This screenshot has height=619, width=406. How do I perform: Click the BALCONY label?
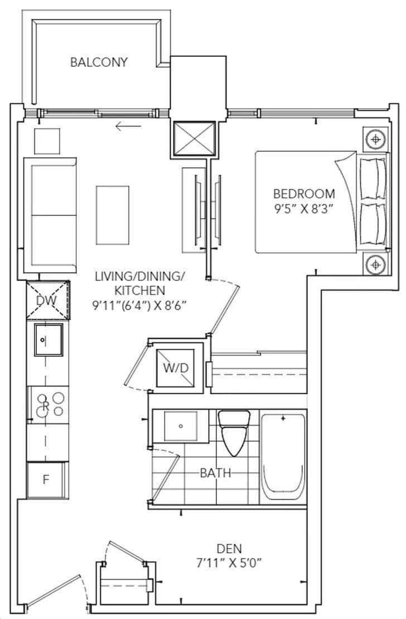point(98,62)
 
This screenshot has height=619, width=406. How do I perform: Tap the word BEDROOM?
point(304,194)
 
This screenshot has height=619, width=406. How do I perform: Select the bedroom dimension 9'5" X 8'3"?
point(304,210)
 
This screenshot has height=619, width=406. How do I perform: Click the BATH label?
point(216,473)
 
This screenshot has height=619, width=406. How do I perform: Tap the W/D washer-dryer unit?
point(175,368)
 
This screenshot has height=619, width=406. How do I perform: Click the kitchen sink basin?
point(48,340)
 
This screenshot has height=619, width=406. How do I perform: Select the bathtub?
point(283,456)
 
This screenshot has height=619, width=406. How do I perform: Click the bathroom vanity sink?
point(180,427)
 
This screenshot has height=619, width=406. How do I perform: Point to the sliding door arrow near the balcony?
point(128,126)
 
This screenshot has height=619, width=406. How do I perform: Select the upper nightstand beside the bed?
point(376,138)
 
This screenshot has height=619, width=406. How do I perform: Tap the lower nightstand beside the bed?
point(376,264)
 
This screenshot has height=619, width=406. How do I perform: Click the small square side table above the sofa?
point(47,141)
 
